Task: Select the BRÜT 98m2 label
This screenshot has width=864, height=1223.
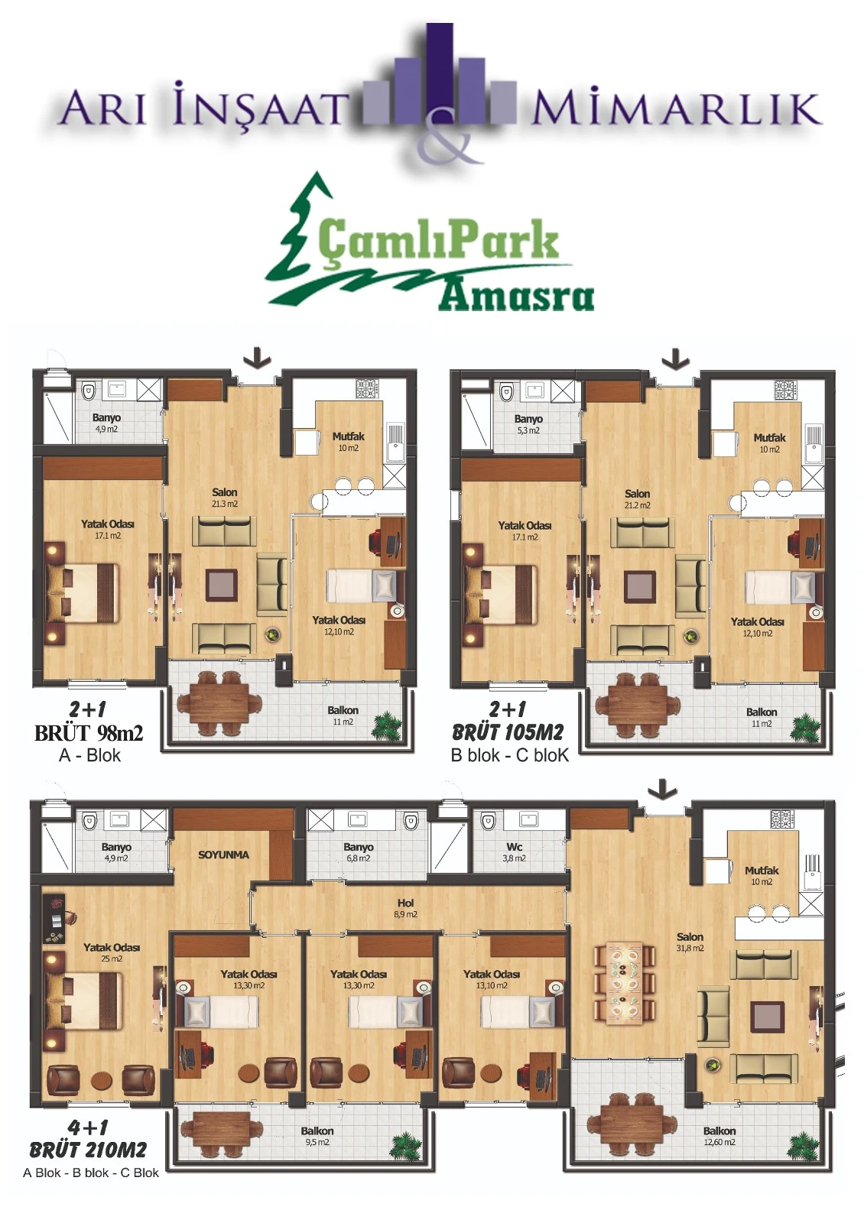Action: pyautogui.click(x=89, y=733)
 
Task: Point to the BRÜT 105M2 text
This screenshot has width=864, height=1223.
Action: pyautogui.click(x=508, y=732)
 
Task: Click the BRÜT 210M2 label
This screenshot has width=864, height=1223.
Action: pyautogui.click(x=88, y=1150)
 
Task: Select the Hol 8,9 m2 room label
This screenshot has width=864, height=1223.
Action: pyautogui.click(x=405, y=908)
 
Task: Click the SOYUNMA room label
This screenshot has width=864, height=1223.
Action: pyautogui.click(x=223, y=855)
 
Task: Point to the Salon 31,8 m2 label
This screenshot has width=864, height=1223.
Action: pyautogui.click(x=690, y=942)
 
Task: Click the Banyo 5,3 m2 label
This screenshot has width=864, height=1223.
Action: pyautogui.click(x=528, y=424)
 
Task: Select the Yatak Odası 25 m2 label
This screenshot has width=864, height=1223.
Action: pyautogui.click(x=112, y=952)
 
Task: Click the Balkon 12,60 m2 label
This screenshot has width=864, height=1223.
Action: pyautogui.click(x=719, y=1136)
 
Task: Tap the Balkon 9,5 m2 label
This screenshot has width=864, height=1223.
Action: pyautogui.click(x=317, y=1136)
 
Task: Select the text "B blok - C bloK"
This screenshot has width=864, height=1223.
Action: pyautogui.click(x=510, y=755)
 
